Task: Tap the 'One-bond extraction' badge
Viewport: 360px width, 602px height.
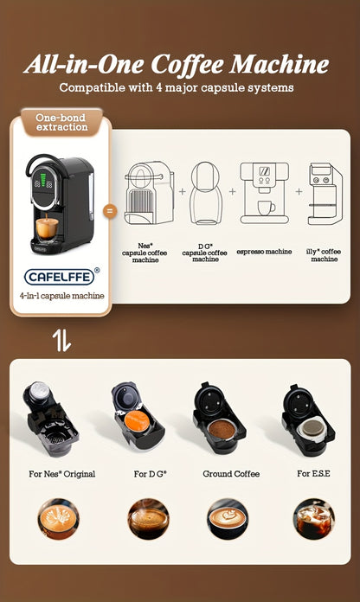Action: (61, 122)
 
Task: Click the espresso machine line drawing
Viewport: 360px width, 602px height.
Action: (265, 193)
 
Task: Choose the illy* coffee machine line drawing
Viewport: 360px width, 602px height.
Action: (325, 195)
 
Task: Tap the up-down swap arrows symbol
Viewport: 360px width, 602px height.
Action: (61, 340)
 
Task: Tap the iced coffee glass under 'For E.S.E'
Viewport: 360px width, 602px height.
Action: (313, 519)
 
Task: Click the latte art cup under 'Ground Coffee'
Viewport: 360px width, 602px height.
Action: (229, 519)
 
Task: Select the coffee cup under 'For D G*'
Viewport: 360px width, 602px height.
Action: (148, 519)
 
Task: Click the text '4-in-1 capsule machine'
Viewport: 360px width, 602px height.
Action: (61, 296)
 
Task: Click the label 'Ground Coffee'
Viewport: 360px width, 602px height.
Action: (231, 474)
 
